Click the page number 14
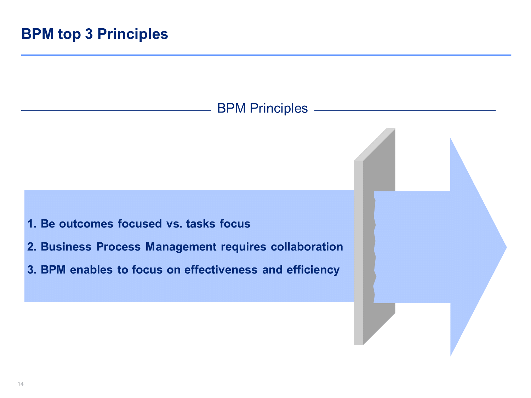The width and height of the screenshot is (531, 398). point(21,384)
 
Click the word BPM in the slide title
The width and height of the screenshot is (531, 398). point(37,34)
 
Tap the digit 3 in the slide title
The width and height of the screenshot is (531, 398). point(89,34)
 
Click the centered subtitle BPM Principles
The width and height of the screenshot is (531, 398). point(262,109)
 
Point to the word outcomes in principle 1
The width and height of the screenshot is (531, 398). point(86,224)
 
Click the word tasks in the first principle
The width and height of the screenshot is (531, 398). point(201,224)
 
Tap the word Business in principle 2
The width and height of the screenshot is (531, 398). point(66,247)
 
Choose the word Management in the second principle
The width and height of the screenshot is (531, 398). point(181,247)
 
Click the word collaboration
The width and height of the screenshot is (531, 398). point(307,247)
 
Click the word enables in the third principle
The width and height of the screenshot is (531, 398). point(91,270)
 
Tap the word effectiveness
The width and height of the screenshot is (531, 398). point(221,270)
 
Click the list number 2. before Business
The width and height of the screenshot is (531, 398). point(32,247)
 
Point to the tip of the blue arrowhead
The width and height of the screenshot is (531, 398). point(507,247)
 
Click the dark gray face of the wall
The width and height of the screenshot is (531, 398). point(379,237)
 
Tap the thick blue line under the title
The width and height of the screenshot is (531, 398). point(266,55)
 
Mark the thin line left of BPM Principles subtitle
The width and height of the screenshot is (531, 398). point(116,111)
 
